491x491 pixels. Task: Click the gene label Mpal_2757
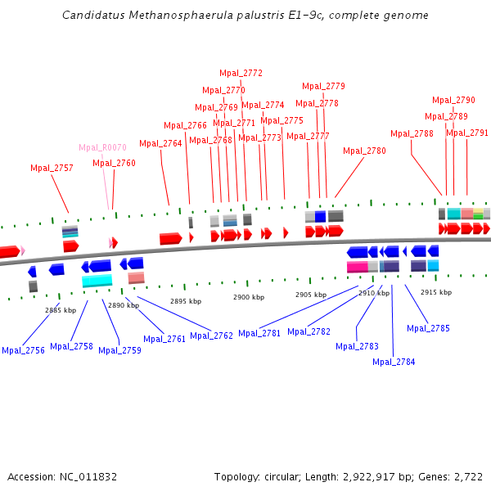pos(52,168)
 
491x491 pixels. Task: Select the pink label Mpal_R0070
pos(102,147)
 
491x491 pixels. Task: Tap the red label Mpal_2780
pos(364,151)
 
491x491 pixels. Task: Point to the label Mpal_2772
pos(241,73)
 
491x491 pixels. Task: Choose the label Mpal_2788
pos(412,133)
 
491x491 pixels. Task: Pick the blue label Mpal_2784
pos(394,362)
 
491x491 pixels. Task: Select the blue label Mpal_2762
pos(212,336)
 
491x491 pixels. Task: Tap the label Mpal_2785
pos(428,328)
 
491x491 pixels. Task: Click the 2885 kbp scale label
pos(60,310)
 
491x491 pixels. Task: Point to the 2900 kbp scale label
pos(249,297)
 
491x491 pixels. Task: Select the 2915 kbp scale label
pos(436,292)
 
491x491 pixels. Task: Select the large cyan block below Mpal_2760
pos(97,281)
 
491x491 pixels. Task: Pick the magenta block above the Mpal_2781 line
pos(357,267)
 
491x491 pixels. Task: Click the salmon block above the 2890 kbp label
pos(136,277)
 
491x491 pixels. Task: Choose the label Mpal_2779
pos(323,86)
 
